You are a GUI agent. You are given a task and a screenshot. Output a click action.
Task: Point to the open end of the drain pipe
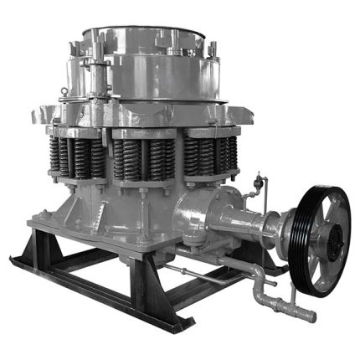[x=311, y=317]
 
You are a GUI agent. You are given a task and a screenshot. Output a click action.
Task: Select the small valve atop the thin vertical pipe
[x=258, y=179]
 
